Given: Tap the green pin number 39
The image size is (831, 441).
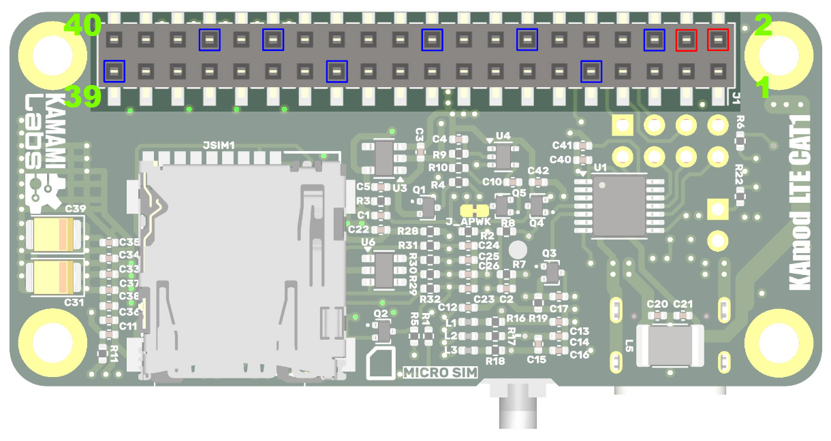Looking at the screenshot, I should coord(82,97).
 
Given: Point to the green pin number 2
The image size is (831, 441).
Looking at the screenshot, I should coord(763,26).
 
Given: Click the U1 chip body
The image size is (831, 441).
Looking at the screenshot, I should coord(619,206).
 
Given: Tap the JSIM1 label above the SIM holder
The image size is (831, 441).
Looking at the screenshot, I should coord(219,146).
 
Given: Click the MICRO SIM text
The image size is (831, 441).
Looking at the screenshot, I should coord(439,372).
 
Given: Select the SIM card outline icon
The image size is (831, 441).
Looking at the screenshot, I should coord(382,364).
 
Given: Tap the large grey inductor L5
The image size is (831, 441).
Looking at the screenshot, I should coord(669,345).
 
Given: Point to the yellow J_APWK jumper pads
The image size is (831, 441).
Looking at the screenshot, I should coord(475,210).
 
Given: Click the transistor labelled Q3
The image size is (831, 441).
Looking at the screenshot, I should coord(550,272).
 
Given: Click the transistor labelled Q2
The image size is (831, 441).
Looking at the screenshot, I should coord(383,331).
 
